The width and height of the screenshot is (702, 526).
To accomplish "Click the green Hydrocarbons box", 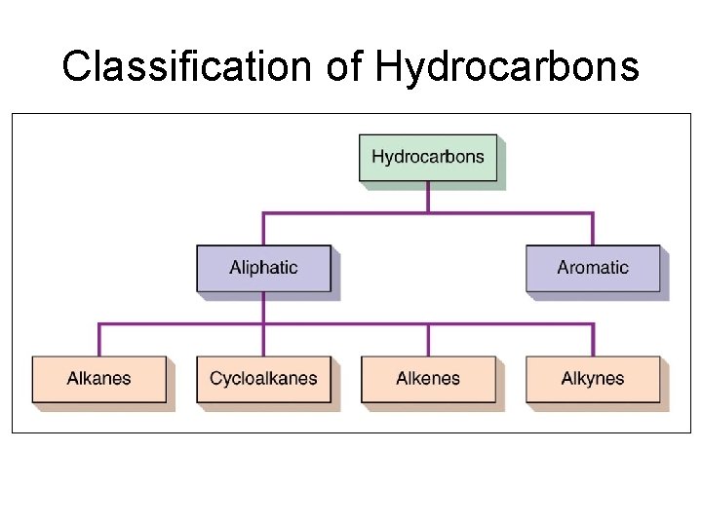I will pyautogui.click(x=427, y=157).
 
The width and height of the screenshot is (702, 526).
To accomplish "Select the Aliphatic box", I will pyautogui.click(x=263, y=268).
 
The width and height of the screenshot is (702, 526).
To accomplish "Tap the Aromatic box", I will pyautogui.click(x=593, y=268).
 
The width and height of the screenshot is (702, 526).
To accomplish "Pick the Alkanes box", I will pyautogui.click(x=98, y=379).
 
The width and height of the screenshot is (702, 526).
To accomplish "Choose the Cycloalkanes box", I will pyautogui.click(x=263, y=379).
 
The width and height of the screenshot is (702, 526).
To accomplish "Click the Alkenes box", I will pyautogui.click(x=427, y=379).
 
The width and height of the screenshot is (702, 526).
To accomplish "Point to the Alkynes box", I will pyautogui.click(x=593, y=379).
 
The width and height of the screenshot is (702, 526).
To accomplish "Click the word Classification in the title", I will pyautogui.click(x=182, y=66).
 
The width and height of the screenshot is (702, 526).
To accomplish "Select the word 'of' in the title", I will pyautogui.click(x=343, y=66).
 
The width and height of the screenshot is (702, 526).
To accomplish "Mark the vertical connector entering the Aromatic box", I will pyautogui.click(x=593, y=229).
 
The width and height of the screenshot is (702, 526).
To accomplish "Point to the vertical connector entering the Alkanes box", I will pyautogui.click(x=99, y=340).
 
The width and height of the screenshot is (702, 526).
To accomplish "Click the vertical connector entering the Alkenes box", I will pyautogui.click(x=428, y=340).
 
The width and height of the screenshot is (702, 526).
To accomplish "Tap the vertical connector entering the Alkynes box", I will pyautogui.click(x=593, y=340).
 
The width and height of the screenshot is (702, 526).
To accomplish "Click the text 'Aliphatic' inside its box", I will pyautogui.click(x=263, y=268).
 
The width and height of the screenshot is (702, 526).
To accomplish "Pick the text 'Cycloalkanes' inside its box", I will pyautogui.click(x=263, y=379).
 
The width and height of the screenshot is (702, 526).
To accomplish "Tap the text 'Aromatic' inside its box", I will pyautogui.click(x=593, y=268).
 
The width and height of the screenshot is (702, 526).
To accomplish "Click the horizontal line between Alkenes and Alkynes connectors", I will pyautogui.click(x=510, y=323).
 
